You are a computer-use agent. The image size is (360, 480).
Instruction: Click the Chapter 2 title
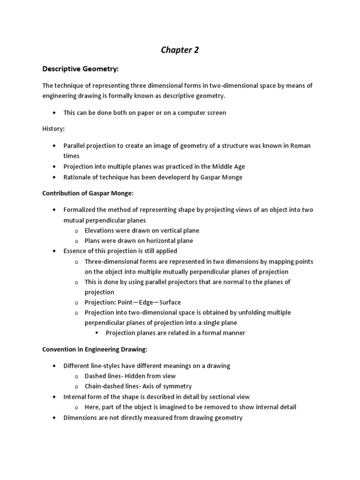click(x=180, y=50)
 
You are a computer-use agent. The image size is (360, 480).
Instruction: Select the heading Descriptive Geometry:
click(x=81, y=69)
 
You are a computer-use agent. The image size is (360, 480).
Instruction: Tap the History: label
click(x=53, y=128)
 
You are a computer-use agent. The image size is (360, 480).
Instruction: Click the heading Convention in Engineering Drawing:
click(x=95, y=349)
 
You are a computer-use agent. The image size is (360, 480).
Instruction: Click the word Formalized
click(x=82, y=210)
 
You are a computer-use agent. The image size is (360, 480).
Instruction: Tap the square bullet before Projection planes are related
click(x=97, y=333)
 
